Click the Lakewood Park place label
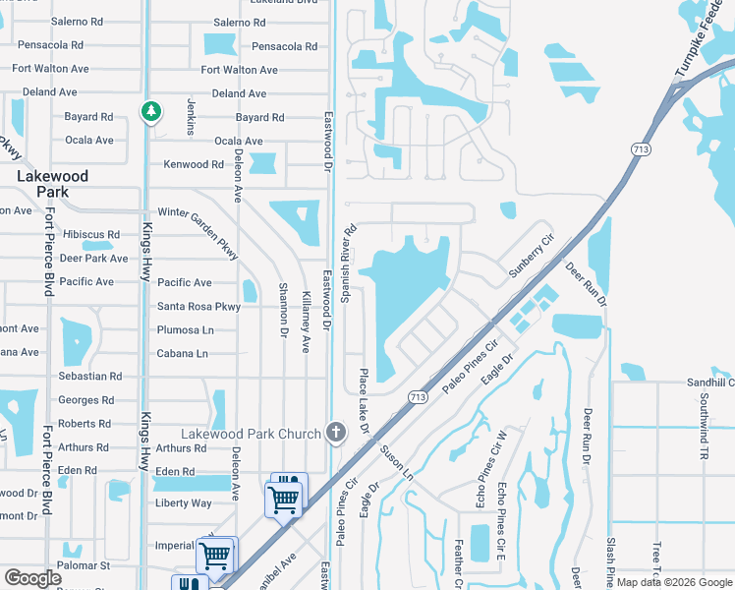pyautogui.click(x=53, y=184)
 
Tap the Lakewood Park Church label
pyautogui.click(x=253, y=434)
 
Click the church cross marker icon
pyautogui.click(x=336, y=433)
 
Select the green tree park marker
pyautogui.click(x=150, y=112)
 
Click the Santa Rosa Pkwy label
pyautogui.click(x=199, y=307)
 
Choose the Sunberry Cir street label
pyautogui.click(x=532, y=256)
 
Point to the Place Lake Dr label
pyautogui.click(x=363, y=401)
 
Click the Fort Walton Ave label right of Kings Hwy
pyautogui.click(x=240, y=70)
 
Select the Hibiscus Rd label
pyautogui.click(x=90, y=235)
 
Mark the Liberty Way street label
pyautogui.click(x=184, y=503)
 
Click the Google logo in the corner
pyautogui.click(x=33, y=579)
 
